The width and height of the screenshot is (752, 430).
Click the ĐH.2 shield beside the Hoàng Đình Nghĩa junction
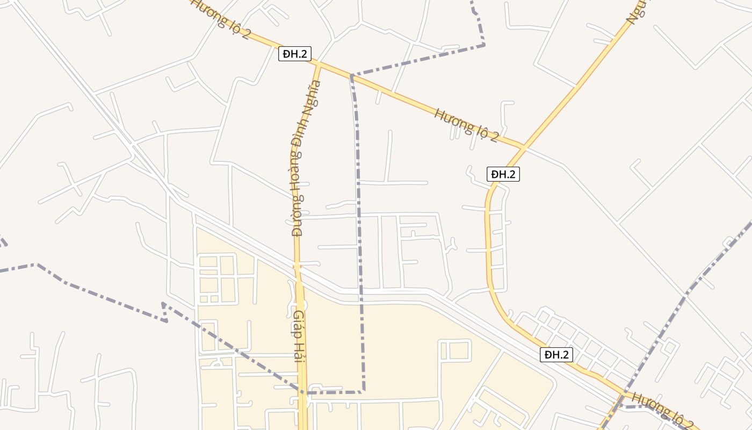(x=295, y=54)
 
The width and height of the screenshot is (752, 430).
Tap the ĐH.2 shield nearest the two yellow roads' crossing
(x=504, y=174)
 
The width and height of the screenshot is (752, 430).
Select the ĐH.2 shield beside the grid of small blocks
(x=556, y=355)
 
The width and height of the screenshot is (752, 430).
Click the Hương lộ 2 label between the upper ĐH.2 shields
(x=466, y=126)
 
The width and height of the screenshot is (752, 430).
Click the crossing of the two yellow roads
(x=523, y=146)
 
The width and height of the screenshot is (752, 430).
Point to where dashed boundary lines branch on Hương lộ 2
(x=352, y=76)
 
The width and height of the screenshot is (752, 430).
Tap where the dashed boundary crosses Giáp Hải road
(x=303, y=392)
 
